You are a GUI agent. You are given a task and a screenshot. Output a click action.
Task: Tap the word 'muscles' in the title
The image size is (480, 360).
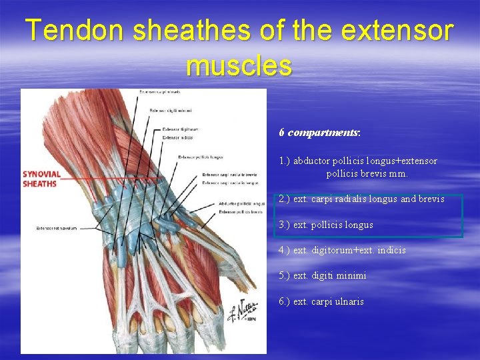point(239,65)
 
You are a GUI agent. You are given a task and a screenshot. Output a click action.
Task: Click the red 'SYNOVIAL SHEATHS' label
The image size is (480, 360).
point(41,179)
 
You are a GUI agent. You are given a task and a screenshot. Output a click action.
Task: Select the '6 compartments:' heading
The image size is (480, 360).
point(320,133)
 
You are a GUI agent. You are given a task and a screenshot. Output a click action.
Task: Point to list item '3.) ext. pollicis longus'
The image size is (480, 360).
point(326,225)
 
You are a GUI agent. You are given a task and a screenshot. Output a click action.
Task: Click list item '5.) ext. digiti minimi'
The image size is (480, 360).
point(322,275)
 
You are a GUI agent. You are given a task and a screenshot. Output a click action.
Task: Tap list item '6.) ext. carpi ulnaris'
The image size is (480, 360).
point(321,301)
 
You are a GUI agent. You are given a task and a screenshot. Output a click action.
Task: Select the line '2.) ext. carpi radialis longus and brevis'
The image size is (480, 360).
point(361,199)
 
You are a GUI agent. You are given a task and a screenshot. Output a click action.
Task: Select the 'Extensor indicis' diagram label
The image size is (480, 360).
point(177,137)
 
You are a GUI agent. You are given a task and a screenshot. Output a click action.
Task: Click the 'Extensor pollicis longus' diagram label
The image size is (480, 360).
point(200,157)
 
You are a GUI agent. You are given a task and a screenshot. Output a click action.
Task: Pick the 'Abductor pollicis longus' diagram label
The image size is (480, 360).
point(241,203)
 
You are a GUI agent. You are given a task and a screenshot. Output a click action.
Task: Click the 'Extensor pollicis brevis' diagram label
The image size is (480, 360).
point(240,211)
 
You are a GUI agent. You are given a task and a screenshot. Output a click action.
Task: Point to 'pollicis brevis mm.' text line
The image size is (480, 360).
point(367,173)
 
